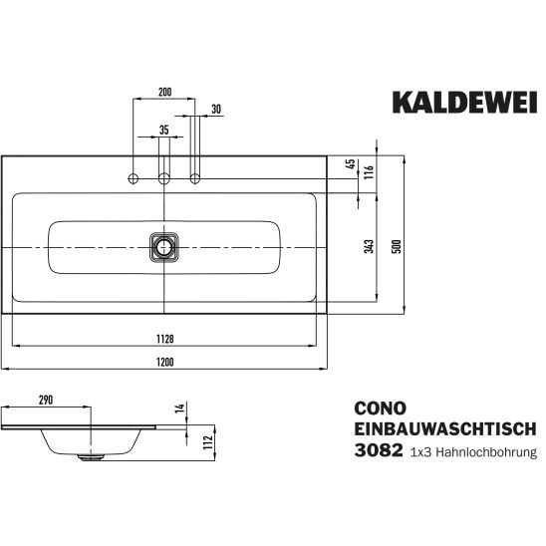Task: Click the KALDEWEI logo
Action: tap(464, 102)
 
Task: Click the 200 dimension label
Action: tap(165, 93)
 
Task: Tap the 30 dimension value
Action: tap(216, 109)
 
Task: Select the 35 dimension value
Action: tap(164, 130)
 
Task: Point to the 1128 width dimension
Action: tap(165, 339)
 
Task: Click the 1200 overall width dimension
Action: tap(165, 362)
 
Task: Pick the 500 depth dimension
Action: tap(397, 246)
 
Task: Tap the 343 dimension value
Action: tap(370, 246)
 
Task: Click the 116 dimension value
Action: tap(369, 172)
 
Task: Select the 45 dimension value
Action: tap(352, 163)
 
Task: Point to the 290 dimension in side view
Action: tap(46, 400)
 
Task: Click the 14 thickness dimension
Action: tap(179, 409)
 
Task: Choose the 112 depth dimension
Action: tap(208, 442)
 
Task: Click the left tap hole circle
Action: tap(134, 179)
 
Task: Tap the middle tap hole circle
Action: tap(164, 179)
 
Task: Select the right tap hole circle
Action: tap(195, 179)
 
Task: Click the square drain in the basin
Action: tap(163, 247)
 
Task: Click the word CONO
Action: tap(381, 409)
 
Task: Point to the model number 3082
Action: tap(379, 450)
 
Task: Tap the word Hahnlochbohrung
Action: tap(486, 452)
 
